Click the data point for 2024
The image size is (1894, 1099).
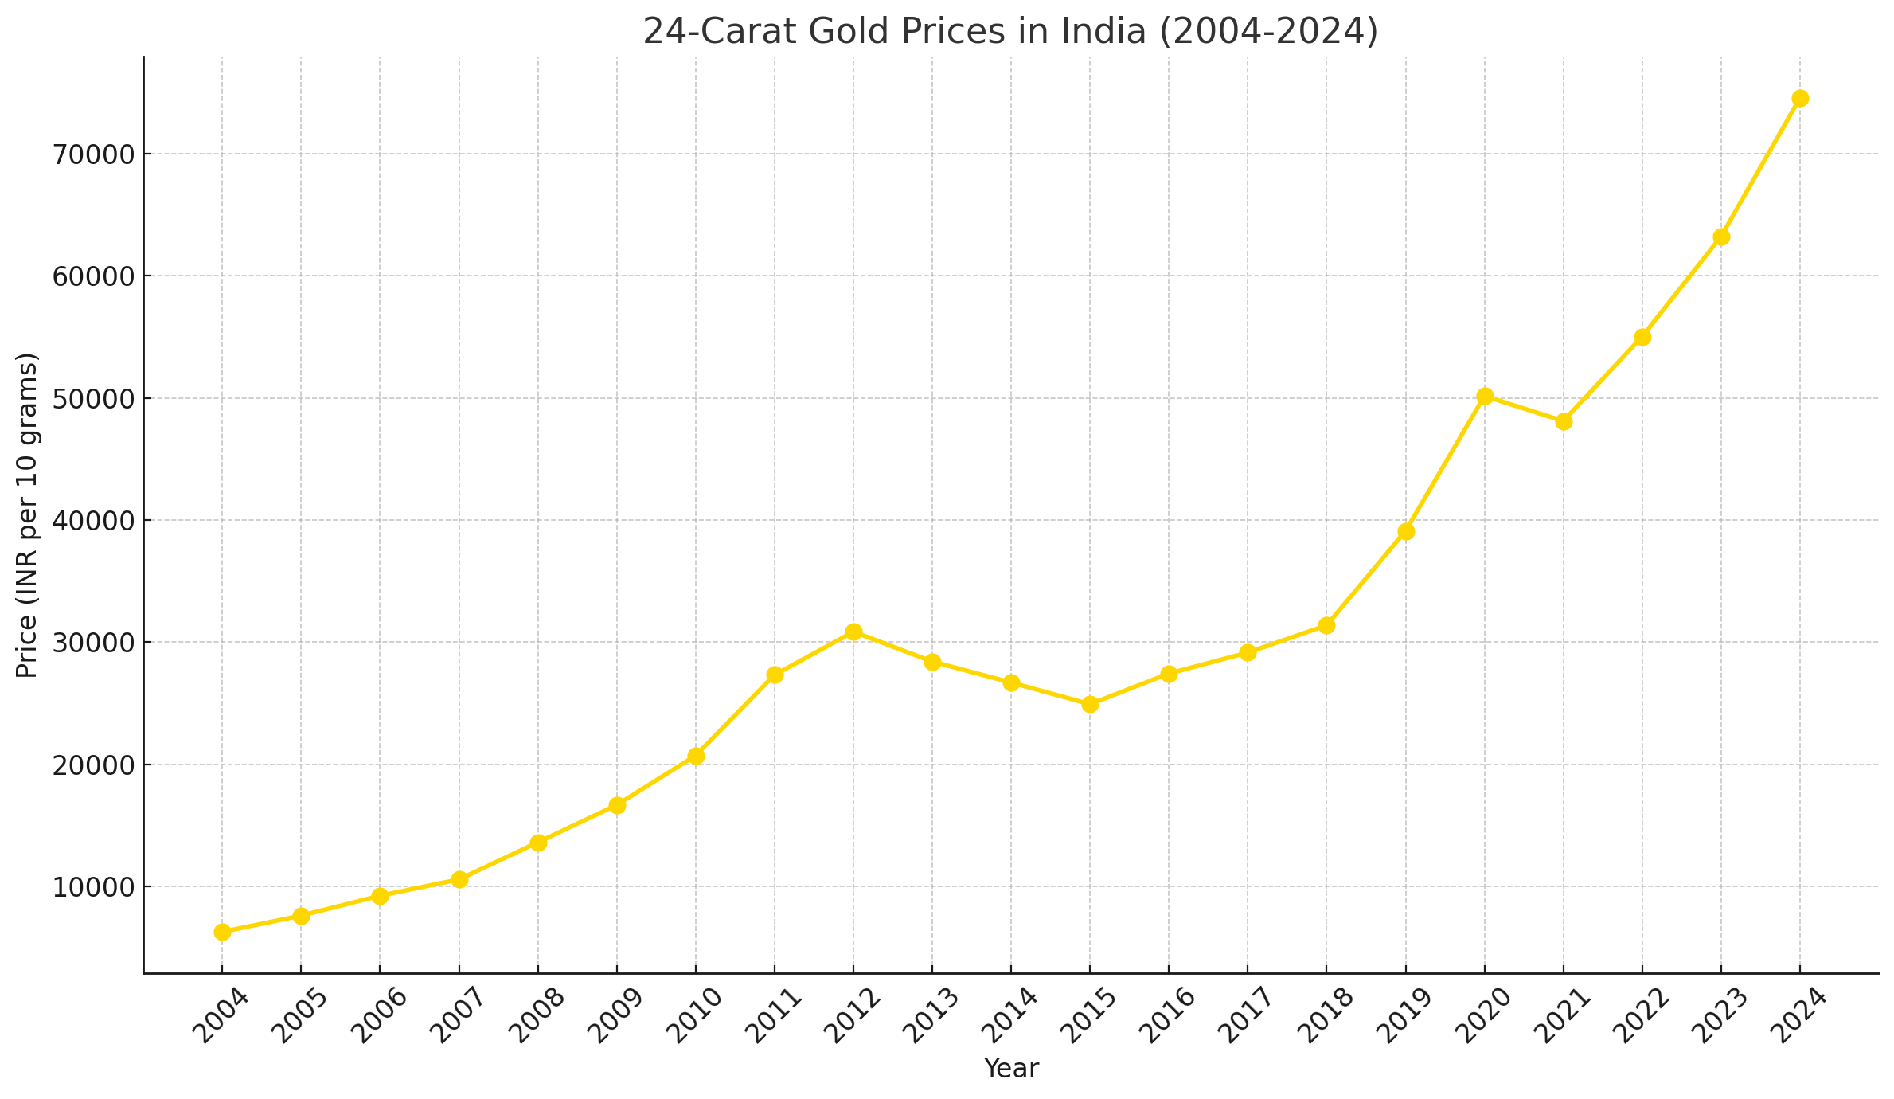(1799, 99)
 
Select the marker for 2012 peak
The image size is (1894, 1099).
(853, 632)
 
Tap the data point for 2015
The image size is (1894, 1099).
(1090, 705)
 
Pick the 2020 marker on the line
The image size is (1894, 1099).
(1484, 397)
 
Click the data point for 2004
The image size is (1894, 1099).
(222, 932)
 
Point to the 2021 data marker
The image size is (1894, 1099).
(1563, 421)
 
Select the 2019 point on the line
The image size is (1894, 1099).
(1405, 531)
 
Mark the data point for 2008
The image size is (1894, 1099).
(538, 843)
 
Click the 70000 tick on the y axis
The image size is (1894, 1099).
(94, 154)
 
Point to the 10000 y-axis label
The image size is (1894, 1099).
(94, 887)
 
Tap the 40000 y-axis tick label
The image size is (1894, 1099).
(94, 521)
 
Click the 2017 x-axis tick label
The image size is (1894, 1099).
(1246, 1016)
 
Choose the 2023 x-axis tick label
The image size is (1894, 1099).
(1719, 1016)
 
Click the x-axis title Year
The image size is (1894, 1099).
(1010, 1069)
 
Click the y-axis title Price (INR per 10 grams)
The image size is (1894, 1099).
(27, 515)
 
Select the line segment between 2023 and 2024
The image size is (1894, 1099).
(1760, 167)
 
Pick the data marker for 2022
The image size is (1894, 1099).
(1642, 338)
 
